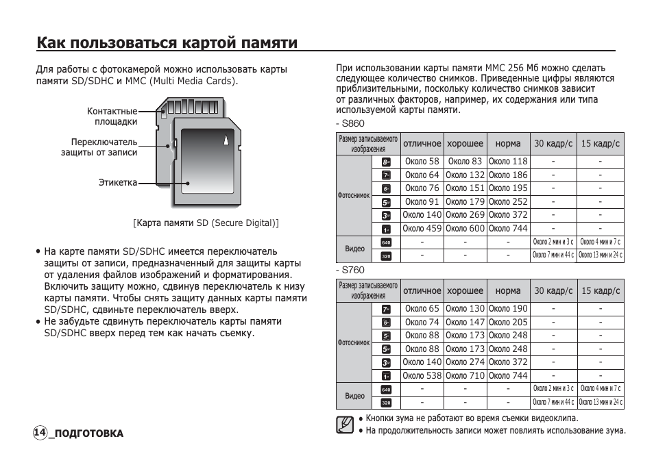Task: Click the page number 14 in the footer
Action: [40, 433]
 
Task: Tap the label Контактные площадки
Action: [112, 116]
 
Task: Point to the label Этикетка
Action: [117, 182]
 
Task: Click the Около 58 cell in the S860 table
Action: [422, 162]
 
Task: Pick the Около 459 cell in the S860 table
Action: [422, 229]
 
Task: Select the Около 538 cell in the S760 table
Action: [422, 375]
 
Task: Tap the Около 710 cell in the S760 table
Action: [465, 375]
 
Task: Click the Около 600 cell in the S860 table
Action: [465, 229]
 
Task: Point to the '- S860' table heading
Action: [350, 123]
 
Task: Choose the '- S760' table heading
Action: [350, 270]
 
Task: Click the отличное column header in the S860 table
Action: [422, 144]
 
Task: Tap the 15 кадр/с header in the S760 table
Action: [600, 290]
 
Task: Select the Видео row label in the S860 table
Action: [354, 249]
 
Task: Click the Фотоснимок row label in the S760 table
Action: [354, 342]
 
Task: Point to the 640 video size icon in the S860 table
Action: [386, 242]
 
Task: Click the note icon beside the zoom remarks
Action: [346, 425]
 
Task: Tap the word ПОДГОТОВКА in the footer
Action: [88, 434]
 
